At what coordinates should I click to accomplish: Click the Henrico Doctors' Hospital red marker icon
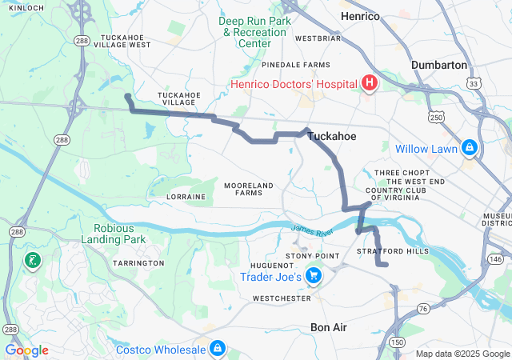pyautogui.click(x=370, y=83)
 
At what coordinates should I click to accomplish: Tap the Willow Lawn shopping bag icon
pyautogui.click(x=469, y=148)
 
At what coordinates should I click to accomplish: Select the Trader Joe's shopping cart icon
pyautogui.click(x=314, y=277)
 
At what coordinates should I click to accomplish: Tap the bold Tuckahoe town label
pyautogui.click(x=332, y=137)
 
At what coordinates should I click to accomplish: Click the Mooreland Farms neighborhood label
pyautogui.click(x=249, y=189)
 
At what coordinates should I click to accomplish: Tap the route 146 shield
pyautogui.click(x=496, y=259)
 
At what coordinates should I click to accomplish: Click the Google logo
pyautogui.click(x=27, y=350)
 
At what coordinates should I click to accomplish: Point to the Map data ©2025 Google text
pyautogui.click(x=462, y=354)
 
